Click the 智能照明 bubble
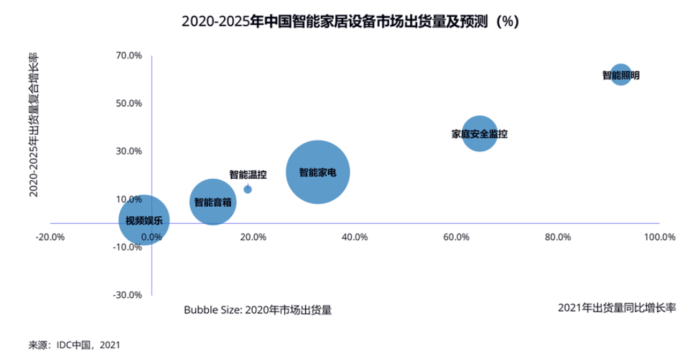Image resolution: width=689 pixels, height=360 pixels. (620, 75)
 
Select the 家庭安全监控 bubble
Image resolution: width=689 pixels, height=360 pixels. (480, 134)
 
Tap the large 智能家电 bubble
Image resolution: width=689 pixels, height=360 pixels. (318, 172)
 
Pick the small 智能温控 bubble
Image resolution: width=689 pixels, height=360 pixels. (248, 189)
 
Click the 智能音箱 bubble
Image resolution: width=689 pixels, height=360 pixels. (212, 202)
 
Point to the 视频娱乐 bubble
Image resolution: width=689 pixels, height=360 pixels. (145, 221)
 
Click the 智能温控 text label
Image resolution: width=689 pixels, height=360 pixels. (248, 175)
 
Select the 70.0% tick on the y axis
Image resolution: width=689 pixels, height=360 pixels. (129, 56)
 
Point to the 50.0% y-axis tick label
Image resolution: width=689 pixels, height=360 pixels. (129, 103)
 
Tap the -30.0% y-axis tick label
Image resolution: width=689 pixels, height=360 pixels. (128, 295)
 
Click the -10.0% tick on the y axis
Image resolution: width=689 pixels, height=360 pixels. (128, 247)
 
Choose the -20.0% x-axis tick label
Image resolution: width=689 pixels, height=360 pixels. (50, 237)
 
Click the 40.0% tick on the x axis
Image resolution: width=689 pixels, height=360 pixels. (354, 237)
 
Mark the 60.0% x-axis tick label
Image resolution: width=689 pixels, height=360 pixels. (456, 237)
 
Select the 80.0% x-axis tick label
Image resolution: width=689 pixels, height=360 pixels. (557, 237)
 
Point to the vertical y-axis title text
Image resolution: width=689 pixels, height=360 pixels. (33, 124)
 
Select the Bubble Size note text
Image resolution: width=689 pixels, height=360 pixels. (257, 310)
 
